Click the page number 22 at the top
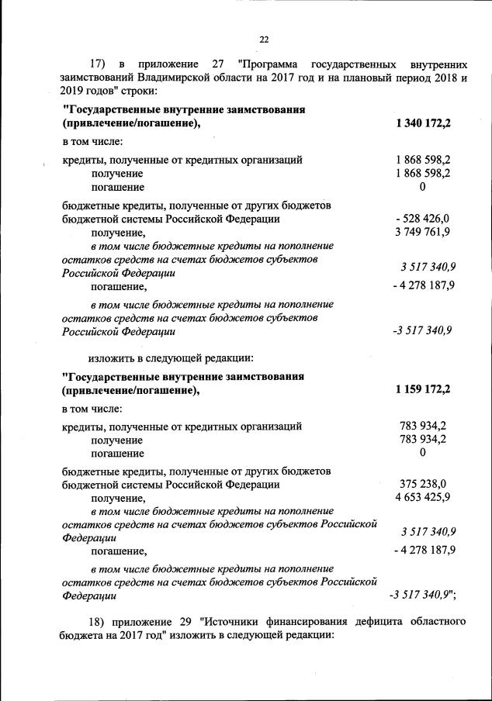click(x=263, y=39)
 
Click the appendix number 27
click(x=216, y=63)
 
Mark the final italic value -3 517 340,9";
click(x=422, y=596)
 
